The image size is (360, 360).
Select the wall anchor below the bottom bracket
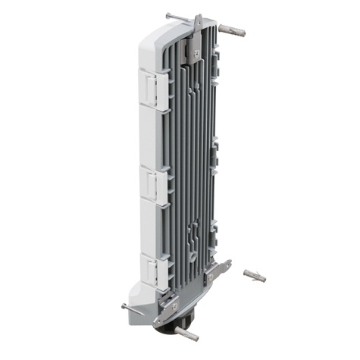185,333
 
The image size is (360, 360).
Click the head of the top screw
168,15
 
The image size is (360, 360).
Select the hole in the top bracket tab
199,20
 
